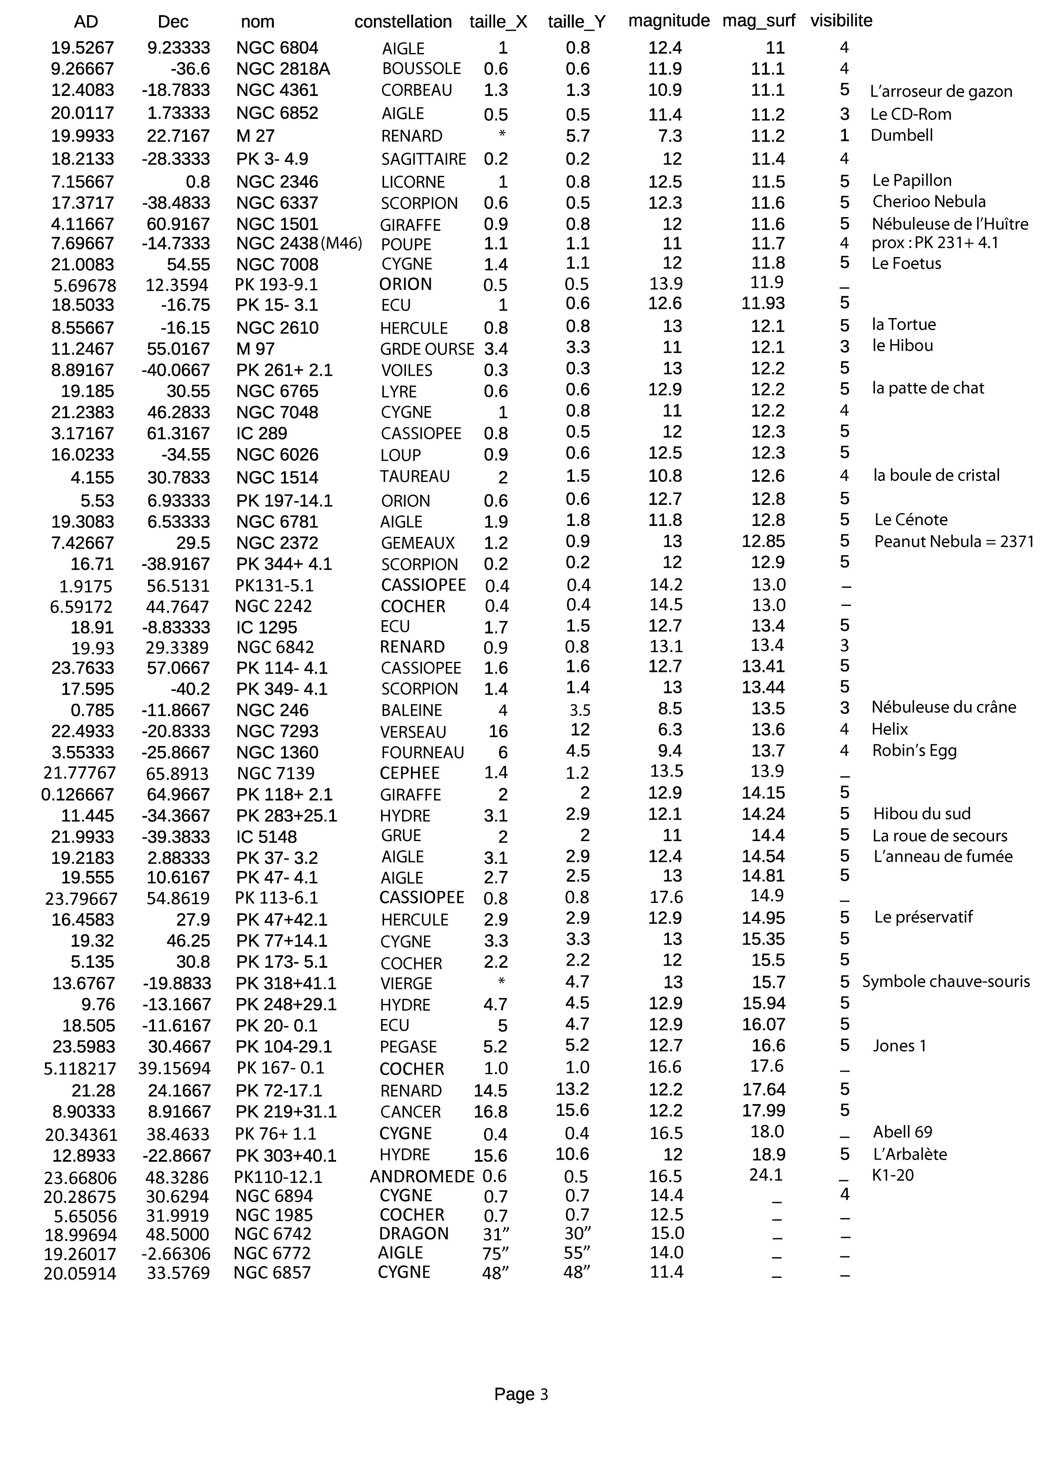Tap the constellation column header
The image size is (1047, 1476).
(x=403, y=22)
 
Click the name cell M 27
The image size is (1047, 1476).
(x=255, y=136)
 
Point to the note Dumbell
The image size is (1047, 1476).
(x=901, y=135)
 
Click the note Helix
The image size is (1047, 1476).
(x=889, y=729)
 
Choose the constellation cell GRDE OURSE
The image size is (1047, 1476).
(x=427, y=349)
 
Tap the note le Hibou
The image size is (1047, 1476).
(x=902, y=345)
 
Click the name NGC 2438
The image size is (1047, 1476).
(x=277, y=244)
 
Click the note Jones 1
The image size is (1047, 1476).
(x=899, y=1046)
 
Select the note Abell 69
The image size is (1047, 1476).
(x=902, y=1132)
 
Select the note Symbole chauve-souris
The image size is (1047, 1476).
(x=946, y=982)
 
